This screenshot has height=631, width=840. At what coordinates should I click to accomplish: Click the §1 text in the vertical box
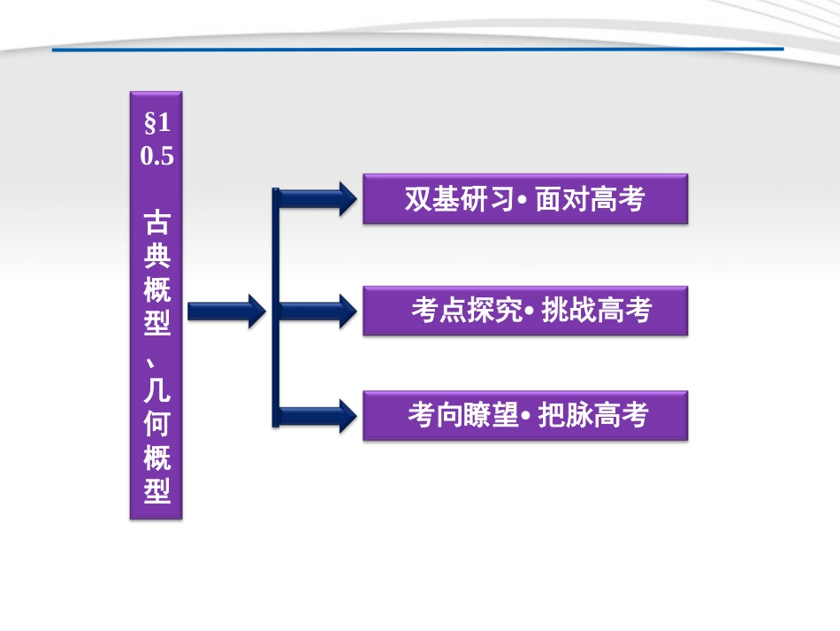point(157,124)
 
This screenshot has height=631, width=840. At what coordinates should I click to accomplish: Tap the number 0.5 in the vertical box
point(157,157)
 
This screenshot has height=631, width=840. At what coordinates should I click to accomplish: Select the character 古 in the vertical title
point(157,221)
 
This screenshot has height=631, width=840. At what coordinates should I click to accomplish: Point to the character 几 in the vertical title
point(157,389)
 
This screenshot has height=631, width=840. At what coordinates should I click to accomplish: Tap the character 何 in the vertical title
point(157,423)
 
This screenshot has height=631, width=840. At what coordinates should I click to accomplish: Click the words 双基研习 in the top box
point(458,199)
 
